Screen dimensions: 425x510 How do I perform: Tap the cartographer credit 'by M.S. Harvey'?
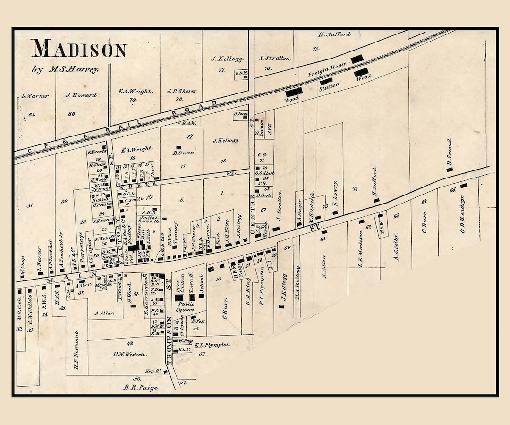66,69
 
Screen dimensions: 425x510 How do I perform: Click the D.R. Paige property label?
140,388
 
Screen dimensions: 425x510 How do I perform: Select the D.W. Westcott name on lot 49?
129,354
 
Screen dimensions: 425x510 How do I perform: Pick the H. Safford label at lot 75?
334,34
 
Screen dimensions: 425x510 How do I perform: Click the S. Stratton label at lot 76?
274,59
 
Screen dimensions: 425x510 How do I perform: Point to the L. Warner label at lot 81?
35,96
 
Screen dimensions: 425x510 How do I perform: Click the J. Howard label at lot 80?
81,95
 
